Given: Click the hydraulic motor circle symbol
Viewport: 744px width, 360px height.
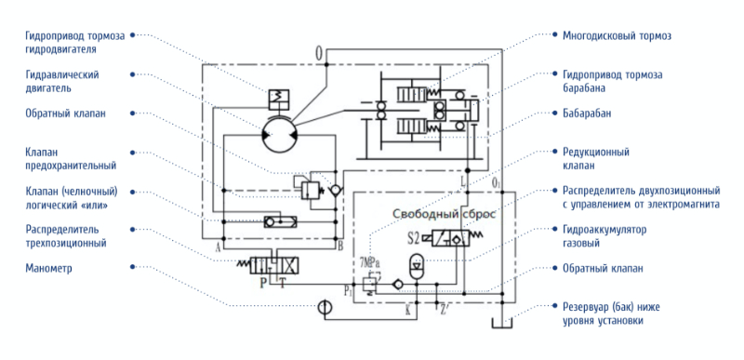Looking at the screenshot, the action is [x=279, y=135].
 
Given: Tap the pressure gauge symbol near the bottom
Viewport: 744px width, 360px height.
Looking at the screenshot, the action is [x=325, y=307].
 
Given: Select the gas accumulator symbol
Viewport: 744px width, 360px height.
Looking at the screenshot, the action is [x=416, y=267].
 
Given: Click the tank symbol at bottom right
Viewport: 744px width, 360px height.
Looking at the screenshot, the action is [x=501, y=323].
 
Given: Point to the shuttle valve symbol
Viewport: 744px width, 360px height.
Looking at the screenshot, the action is [x=280, y=221].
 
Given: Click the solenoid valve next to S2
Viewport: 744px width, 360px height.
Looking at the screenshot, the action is [x=449, y=237].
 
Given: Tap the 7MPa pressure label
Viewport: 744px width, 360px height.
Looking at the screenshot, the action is [x=370, y=262].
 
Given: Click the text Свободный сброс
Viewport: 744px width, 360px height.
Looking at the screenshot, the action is [x=444, y=214].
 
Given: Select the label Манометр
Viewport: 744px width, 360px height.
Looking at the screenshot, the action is [x=49, y=269].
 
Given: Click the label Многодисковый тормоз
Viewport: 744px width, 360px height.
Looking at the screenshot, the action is [x=617, y=35].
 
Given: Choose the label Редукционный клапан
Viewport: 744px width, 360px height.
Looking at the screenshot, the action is [x=595, y=159].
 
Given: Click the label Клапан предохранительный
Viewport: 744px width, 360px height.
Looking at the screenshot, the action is [x=72, y=159].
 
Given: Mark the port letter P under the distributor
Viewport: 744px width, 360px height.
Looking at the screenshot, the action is [x=263, y=283].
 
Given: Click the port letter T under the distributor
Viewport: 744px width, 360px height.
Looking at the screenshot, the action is [x=283, y=283].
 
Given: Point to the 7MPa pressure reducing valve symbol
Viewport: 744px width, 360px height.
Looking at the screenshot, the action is [x=370, y=285].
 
